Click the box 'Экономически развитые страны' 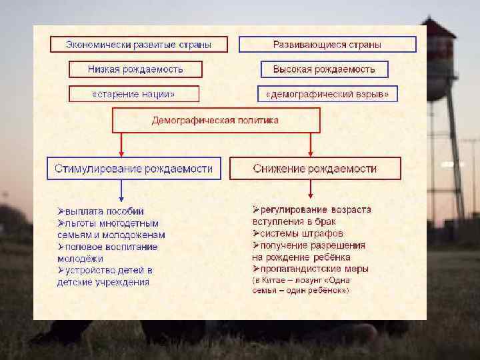(139, 45)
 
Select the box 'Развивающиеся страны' (327, 45)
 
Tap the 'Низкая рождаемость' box (135, 69)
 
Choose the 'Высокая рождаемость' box (324, 69)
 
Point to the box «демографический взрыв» (327, 94)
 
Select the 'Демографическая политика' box (215, 121)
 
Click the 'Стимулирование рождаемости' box (134, 169)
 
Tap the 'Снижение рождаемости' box (315, 169)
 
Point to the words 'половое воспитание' (111, 247)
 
